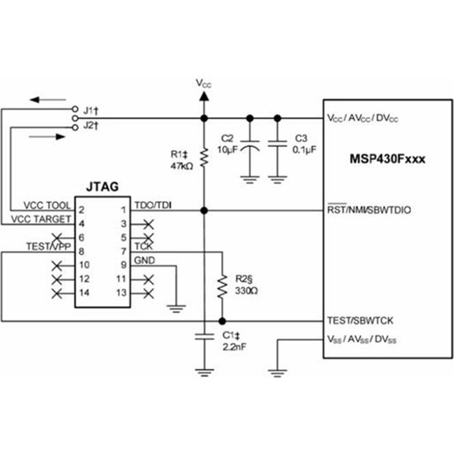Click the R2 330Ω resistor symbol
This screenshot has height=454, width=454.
coord(221,286)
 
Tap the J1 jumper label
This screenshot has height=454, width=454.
coord(90,109)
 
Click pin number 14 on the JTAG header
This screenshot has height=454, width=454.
coord(83,293)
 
